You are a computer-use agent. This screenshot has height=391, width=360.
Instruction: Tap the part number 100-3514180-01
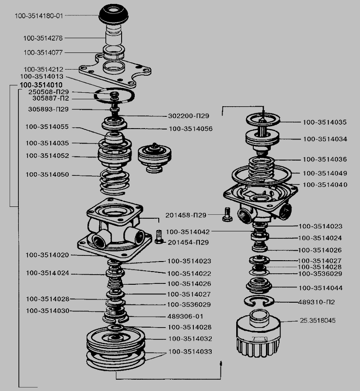coord(39,16)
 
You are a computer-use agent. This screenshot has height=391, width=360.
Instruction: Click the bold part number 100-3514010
coord(41,85)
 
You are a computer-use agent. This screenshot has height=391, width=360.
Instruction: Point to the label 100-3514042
coord(188,231)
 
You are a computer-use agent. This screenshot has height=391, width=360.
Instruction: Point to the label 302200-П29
coord(189,116)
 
